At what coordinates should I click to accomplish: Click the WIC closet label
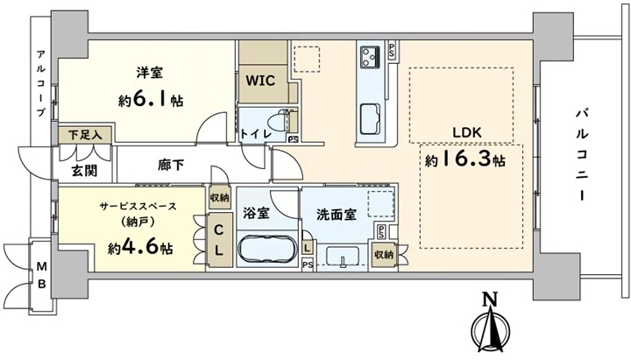(x=260, y=81)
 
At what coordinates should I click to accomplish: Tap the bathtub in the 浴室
(x=266, y=249)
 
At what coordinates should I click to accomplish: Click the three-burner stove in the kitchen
(x=370, y=57)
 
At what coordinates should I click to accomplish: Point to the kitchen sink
(x=370, y=118)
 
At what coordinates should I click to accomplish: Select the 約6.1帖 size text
(x=151, y=99)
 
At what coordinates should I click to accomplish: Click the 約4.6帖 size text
(x=140, y=248)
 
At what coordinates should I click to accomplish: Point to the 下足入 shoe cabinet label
(x=84, y=135)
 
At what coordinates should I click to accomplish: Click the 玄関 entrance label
(x=84, y=171)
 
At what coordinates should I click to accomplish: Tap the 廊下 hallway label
(x=171, y=165)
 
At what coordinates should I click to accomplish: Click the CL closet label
(x=218, y=240)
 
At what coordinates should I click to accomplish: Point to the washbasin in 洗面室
(x=343, y=257)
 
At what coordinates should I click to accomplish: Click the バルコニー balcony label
(x=582, y=155)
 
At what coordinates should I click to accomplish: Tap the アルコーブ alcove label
(x=40, y=83)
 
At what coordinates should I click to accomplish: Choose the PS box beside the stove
(x=392, y=49)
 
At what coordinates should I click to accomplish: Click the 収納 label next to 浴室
(x=220, y=198)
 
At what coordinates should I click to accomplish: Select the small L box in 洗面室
(x=308, y=247)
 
